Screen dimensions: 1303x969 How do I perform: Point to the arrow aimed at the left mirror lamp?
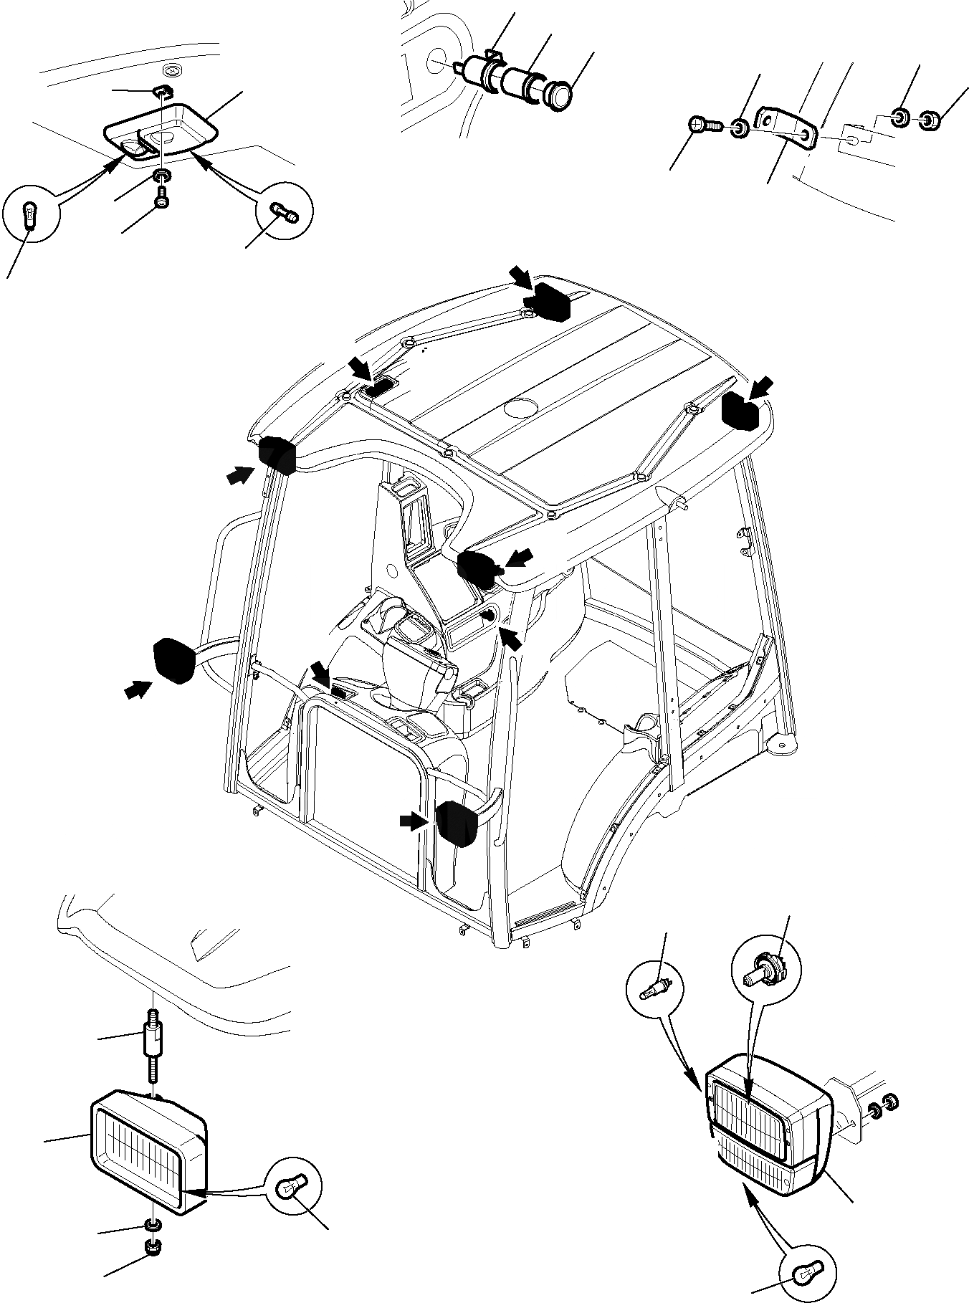coord(136,689)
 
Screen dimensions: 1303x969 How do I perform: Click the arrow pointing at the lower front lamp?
coord(413,821)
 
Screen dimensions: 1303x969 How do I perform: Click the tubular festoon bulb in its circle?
coord(285,211)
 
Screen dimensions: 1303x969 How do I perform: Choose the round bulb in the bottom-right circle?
coord(808,1271)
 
